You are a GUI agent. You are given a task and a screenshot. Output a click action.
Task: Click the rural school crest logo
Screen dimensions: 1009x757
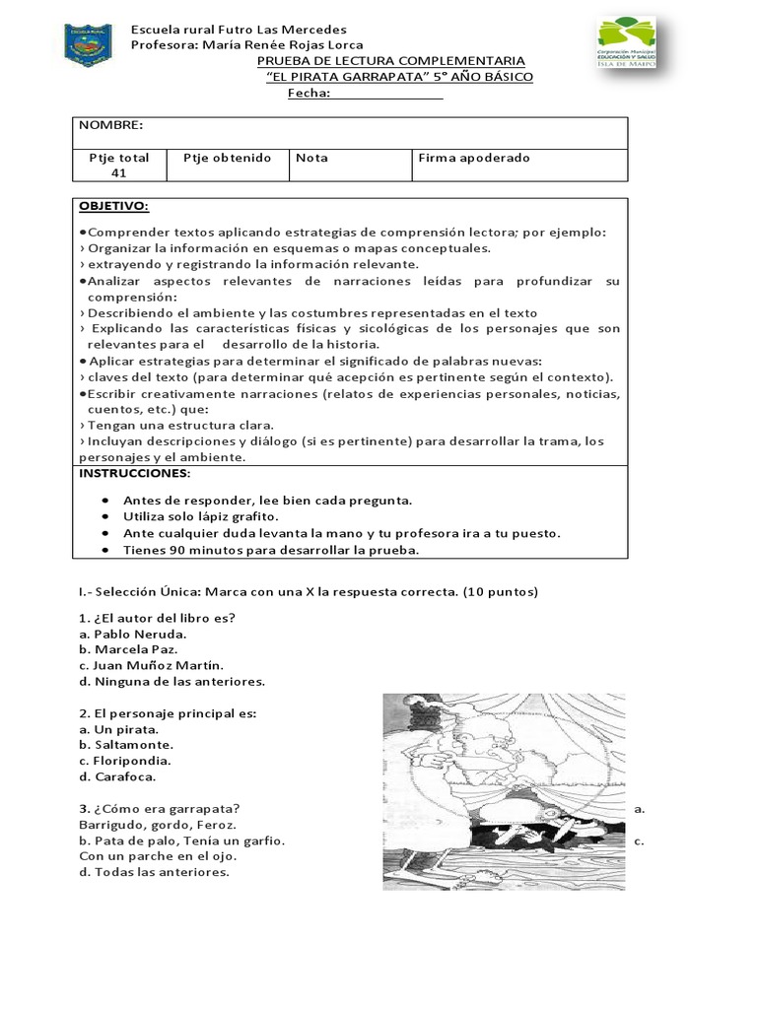(88, 44)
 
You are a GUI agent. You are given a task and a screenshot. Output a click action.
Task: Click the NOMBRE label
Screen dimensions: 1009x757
(111, 125)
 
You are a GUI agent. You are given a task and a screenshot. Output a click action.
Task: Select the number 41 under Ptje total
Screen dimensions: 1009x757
(119, 172)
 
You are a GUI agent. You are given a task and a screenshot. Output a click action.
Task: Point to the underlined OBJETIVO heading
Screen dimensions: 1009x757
(114, 206)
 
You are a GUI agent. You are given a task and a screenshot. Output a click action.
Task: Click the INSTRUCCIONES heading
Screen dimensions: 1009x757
(134, 473)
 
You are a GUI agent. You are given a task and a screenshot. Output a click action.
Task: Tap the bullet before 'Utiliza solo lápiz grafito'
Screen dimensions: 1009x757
(105, 516)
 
